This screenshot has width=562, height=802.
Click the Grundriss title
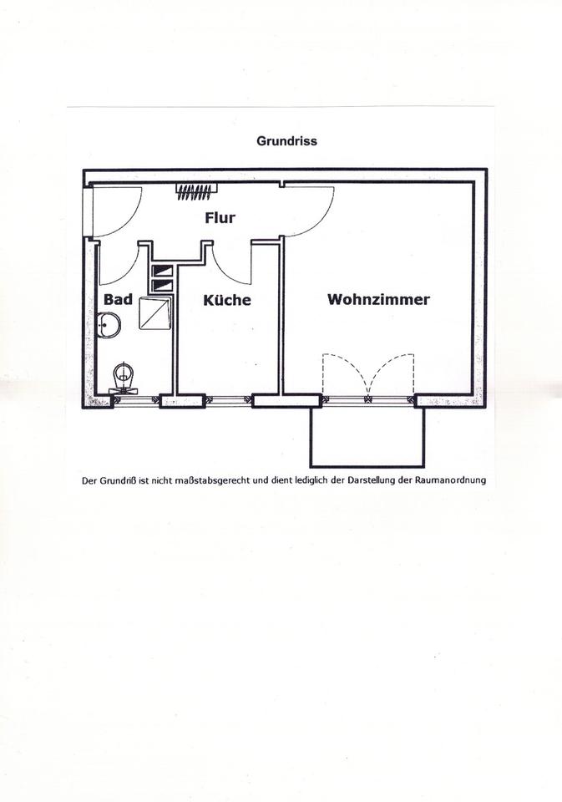286,140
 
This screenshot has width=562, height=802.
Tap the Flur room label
220,218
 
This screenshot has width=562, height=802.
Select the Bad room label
118,299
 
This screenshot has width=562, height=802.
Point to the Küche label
227,300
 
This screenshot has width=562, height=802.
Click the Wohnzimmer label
378,299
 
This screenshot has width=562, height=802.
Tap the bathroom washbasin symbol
109,325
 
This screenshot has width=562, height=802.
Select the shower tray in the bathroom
155,313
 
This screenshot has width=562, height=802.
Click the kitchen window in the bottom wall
229,401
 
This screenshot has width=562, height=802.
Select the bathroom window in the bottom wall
136,401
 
